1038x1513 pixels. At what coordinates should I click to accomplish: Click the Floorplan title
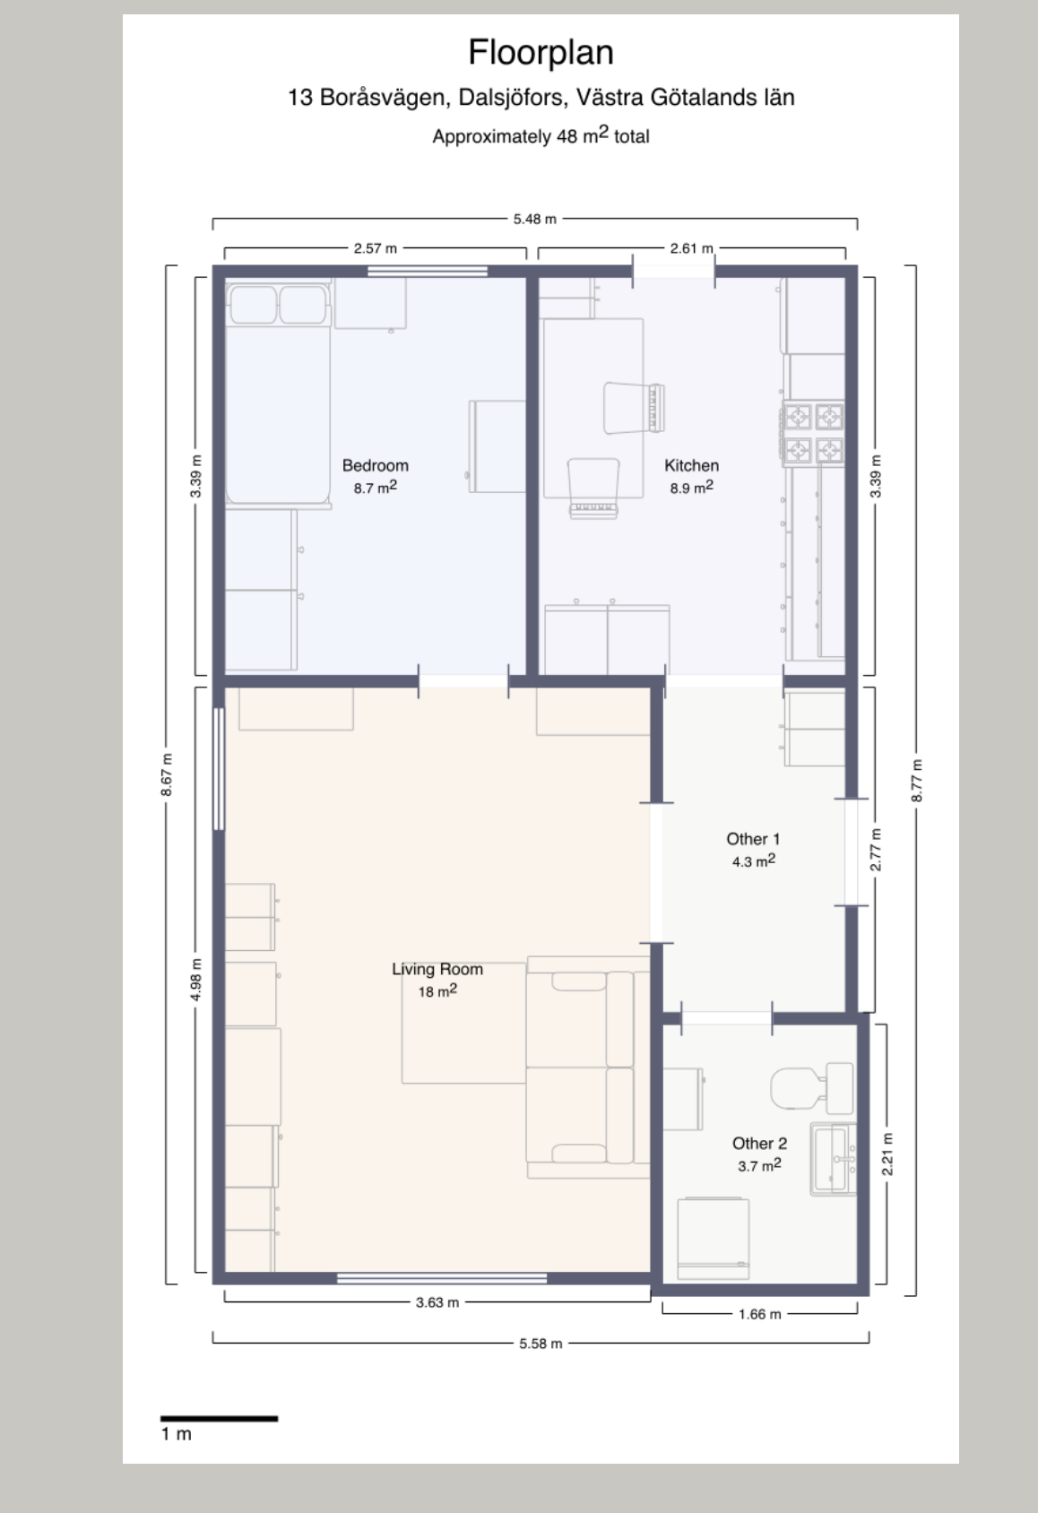pos(541,53)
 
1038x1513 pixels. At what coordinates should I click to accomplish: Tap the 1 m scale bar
pos(219,1418)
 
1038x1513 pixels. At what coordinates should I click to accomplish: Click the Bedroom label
pos(376,465)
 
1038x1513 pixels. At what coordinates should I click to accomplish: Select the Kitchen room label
pos(691,465)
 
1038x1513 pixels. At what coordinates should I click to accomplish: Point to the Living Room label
pos(437,969)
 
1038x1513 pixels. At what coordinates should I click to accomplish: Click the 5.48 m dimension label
pos(535,219)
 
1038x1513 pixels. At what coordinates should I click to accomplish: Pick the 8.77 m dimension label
pos(916,781)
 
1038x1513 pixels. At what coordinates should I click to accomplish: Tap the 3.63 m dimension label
pos(437,1302)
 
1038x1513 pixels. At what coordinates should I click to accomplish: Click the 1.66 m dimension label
pos(760,1314)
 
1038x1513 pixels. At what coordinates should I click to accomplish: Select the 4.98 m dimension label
pos(195,980)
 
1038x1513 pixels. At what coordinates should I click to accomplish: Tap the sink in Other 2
pos(834,1159)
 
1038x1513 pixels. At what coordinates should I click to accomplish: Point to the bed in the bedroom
pos(278,394)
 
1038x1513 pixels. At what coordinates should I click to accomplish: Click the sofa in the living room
pos(588,1068)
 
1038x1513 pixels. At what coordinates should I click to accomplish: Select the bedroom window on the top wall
pos(428,272)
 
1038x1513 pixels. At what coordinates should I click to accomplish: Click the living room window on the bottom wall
pos(442,1278)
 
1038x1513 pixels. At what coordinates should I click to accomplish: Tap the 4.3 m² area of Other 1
pos(754,861)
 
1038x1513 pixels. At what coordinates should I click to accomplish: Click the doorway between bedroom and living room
pos(463,681)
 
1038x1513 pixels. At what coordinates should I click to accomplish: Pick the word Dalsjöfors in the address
pos(511,98)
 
